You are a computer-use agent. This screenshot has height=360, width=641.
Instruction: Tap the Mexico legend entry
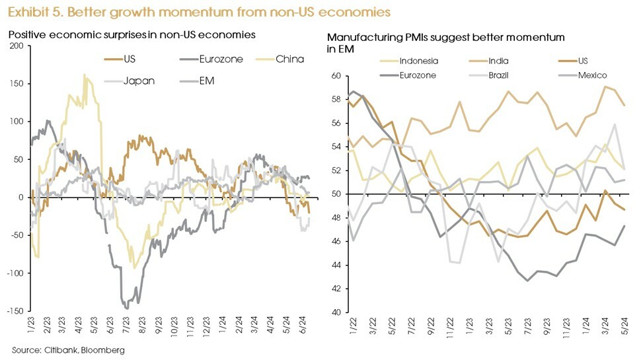(x=592, y=75)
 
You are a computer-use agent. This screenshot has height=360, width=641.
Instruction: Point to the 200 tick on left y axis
(x=17, y=46)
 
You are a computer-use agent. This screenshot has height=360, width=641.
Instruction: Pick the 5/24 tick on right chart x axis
(x=624, y=325)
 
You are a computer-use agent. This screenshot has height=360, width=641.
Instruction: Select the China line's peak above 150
(x=84, y=75)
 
